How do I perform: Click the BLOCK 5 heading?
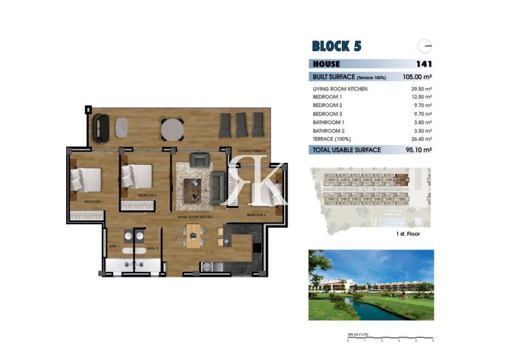pyautogui.click(x=336, y=46)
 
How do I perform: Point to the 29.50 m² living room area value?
pyautogui.click(x=424, y=89)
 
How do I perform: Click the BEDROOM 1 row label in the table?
pyautogui.click(x=328, y=97)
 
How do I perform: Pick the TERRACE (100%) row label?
pyautogui.click(x=332, y=138)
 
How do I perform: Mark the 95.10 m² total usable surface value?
pyautogui.click(x=419, y=150)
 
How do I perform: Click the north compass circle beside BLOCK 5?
pyautogui.click(x=426, y=46)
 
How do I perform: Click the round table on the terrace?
pyautogui.click(x=172, y=128)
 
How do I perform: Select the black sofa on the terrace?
pyautogui.click(x=102, y=125)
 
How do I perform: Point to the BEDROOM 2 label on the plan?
pyautogui.click(x=147, y=196)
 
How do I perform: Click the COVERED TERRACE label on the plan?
pyautogui.click(x=251, y=149)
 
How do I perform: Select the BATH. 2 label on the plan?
pyautogui.click(x=153, y=248)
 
